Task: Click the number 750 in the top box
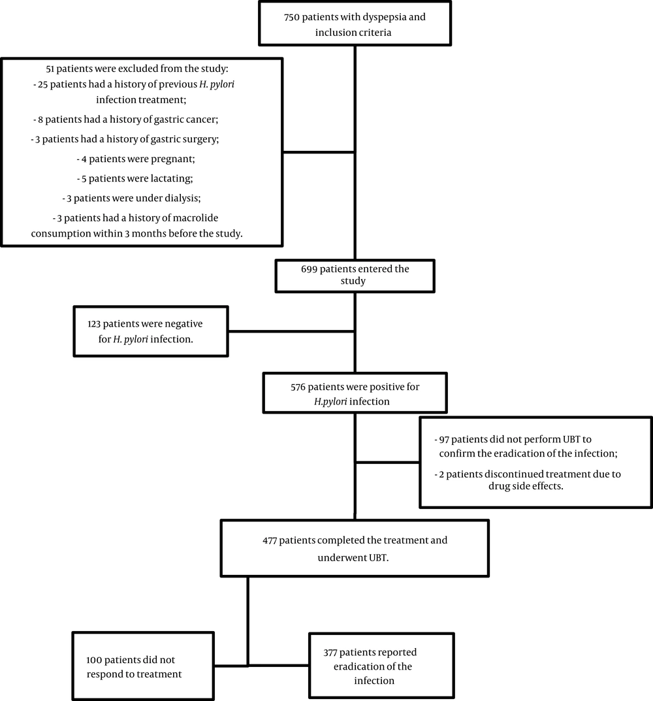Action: point(291,18)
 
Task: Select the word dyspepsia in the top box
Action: point(383,18)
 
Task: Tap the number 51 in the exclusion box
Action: point(50,69)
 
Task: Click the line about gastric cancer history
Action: point(125,120)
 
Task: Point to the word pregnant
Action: point(174,159)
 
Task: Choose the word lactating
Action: point(172,178)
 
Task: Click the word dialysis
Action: point(181,198)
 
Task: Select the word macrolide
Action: point(195,218)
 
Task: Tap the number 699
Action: point(309,269)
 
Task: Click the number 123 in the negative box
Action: point(94,324)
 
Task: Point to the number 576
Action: point(298,387)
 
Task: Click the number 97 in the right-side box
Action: point(444,440)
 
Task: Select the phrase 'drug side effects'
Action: point(526,486)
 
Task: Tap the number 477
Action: point(270,540)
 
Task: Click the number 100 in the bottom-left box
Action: point(94,660)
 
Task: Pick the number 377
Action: point(330,653)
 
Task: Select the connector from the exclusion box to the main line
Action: point(319,152)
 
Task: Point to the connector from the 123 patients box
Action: point(291,331)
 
